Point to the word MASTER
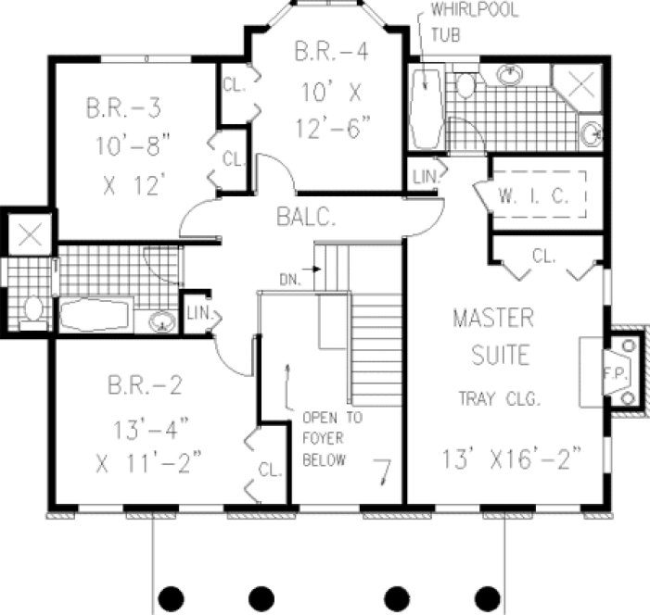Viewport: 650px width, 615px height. (492, 320)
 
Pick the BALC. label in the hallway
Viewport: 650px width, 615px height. (304, 219)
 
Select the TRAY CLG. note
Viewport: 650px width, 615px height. (498, 400)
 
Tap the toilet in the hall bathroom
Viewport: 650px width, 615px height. (33, 308)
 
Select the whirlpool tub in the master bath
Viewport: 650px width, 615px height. (427, 108)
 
